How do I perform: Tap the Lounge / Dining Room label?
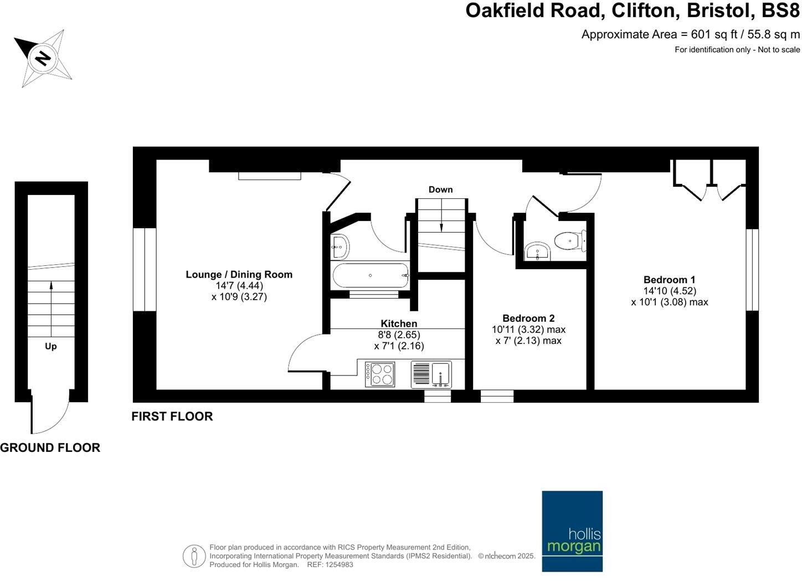[239, 274]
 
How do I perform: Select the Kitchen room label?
[399, 323]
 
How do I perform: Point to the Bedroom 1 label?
[669, 280]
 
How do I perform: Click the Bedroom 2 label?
[528, 318]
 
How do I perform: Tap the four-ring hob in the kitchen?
[380, 374]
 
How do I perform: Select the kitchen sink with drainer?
[431, 374]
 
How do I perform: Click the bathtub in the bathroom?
[370, 275]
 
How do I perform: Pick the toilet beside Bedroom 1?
[569, 241]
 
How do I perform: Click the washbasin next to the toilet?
[537, 251]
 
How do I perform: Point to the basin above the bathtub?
[339, 246]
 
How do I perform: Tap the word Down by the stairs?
[440, 189]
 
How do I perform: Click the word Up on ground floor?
[50, 346]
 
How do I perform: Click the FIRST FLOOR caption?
[172, 417]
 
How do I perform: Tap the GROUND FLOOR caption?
[50, 448]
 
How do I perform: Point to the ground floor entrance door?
[49, 413]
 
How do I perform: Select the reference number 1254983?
[337, 564]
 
